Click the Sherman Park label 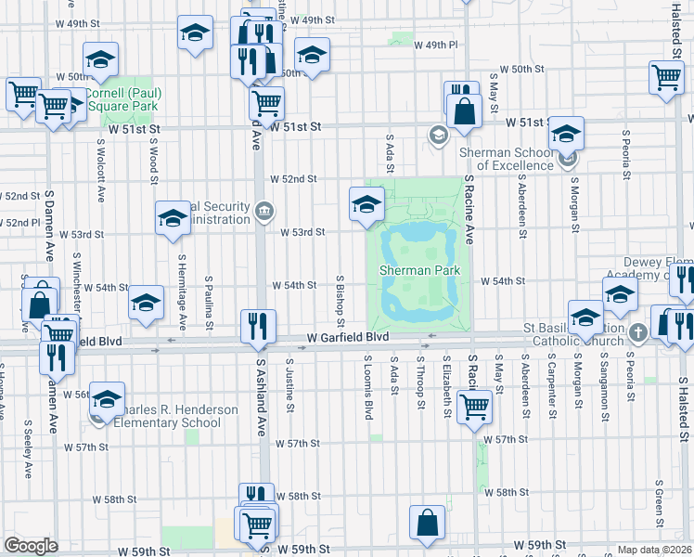coord(419,270)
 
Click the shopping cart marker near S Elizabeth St coord(474,406)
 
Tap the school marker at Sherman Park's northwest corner coord(366,203)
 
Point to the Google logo coord(31,546)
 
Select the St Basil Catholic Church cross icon coord(637,332)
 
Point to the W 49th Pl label coord(436,45)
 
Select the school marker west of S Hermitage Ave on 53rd coord(172,218)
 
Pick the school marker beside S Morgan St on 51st coord(566,134)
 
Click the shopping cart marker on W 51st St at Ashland coord(267,103)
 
